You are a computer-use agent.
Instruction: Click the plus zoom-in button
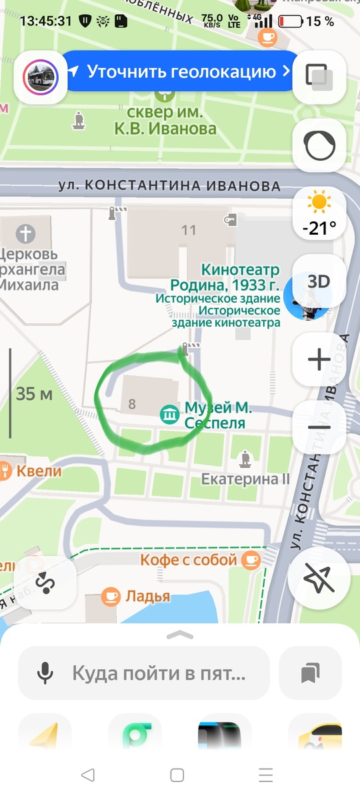319,360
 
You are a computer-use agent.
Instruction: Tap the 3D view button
319,281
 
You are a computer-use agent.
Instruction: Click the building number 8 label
132,403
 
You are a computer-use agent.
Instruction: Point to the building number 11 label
189,230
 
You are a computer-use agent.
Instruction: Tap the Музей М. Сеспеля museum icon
170,415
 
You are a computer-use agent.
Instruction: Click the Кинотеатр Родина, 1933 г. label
231,277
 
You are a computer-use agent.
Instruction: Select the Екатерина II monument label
245,479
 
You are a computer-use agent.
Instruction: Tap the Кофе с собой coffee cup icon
251,559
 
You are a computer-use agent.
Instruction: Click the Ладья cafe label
147,596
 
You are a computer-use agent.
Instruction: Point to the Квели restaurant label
39,471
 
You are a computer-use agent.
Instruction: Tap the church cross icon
25,234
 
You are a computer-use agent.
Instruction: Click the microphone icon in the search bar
45,673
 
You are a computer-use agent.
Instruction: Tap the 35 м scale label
34,393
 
